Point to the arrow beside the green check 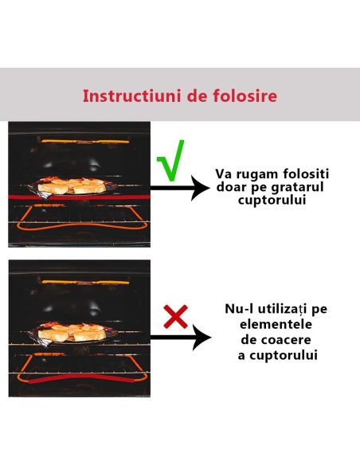tap(179, 189)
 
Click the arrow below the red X tap(181, 338)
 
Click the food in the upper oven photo tap(76, 186)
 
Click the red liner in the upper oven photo tap(80, 196)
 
